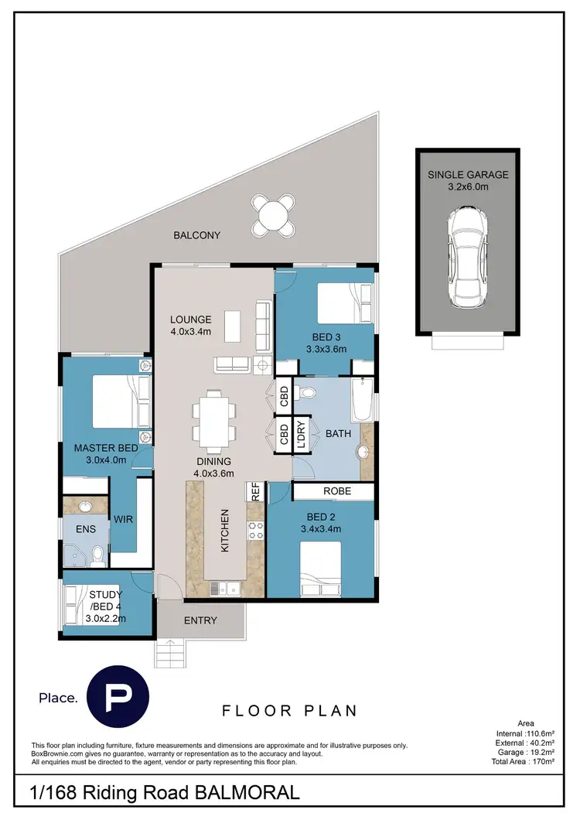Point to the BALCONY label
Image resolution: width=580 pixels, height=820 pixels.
pyautogui.click(x=197, y=235)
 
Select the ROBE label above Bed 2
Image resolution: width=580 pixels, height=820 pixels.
pyautogui.click(x=337, y=490)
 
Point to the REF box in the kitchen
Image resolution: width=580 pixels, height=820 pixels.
pyautogui.click(x=253, y=491)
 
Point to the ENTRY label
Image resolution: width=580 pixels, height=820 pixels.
pyautogui.click(x=200, y=620)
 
